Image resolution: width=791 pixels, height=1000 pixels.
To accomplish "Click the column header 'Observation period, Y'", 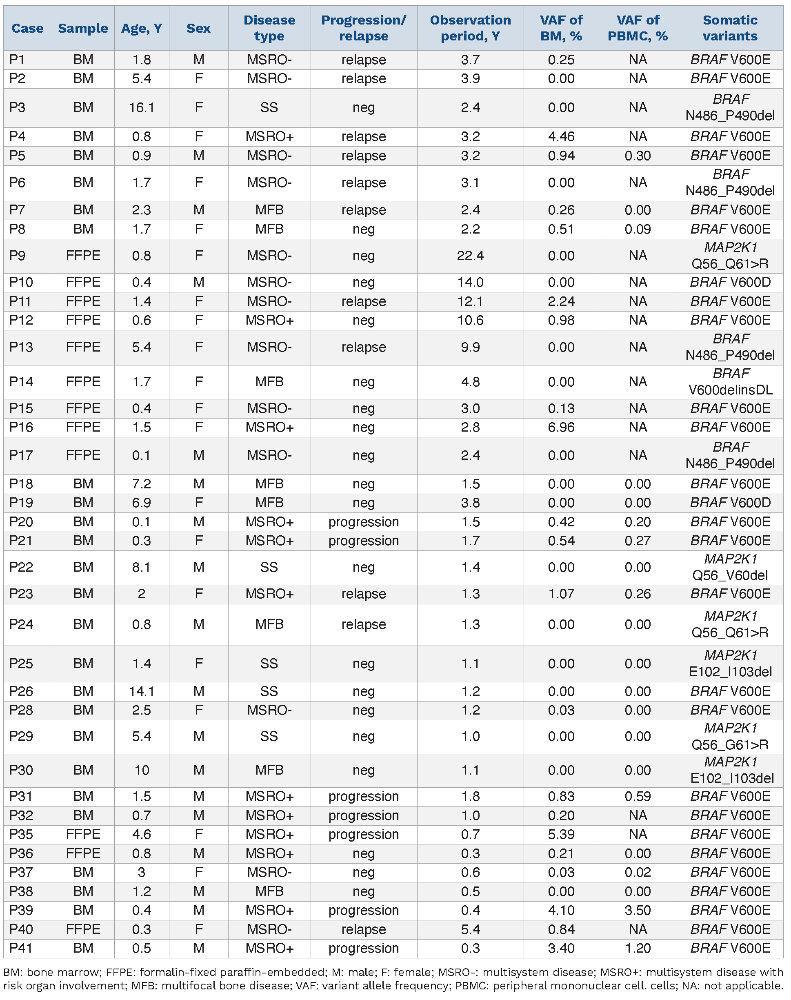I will tap(470, 28).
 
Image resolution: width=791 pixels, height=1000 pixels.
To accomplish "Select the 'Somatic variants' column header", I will tap(730, 28).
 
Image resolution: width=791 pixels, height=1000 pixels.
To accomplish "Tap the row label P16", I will tap(21, 427).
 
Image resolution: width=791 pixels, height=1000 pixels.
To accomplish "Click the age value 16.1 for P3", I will tap(141, 107).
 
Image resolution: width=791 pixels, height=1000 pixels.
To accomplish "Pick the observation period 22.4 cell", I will tap(470, 255).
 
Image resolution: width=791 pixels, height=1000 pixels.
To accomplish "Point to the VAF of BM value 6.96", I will tap(561, 427).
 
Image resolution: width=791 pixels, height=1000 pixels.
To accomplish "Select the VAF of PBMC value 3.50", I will tap(637, 910).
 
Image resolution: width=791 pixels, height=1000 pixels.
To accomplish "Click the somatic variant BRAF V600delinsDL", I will tap(730, 381).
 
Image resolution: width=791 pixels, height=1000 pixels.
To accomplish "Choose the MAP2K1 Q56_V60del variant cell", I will tap(730, 567).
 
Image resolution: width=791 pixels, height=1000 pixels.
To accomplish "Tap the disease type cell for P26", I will tap(269, 691).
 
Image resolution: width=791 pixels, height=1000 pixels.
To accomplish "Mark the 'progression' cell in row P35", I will tap(364, 834).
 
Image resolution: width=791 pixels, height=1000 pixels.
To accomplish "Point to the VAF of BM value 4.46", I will tap(561, 136).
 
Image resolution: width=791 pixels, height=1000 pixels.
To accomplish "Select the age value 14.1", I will tap(141, 691).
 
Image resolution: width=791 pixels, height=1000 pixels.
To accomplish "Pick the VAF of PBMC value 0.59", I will tap(637, 796).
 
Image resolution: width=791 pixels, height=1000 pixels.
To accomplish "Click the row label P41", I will tap(21, 948).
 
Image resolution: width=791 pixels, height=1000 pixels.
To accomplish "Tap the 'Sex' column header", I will tap(198, 28).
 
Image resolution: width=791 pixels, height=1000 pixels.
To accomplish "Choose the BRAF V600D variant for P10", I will tap(730, 282).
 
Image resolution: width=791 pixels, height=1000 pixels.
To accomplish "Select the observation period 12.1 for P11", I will tap(470, 301).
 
